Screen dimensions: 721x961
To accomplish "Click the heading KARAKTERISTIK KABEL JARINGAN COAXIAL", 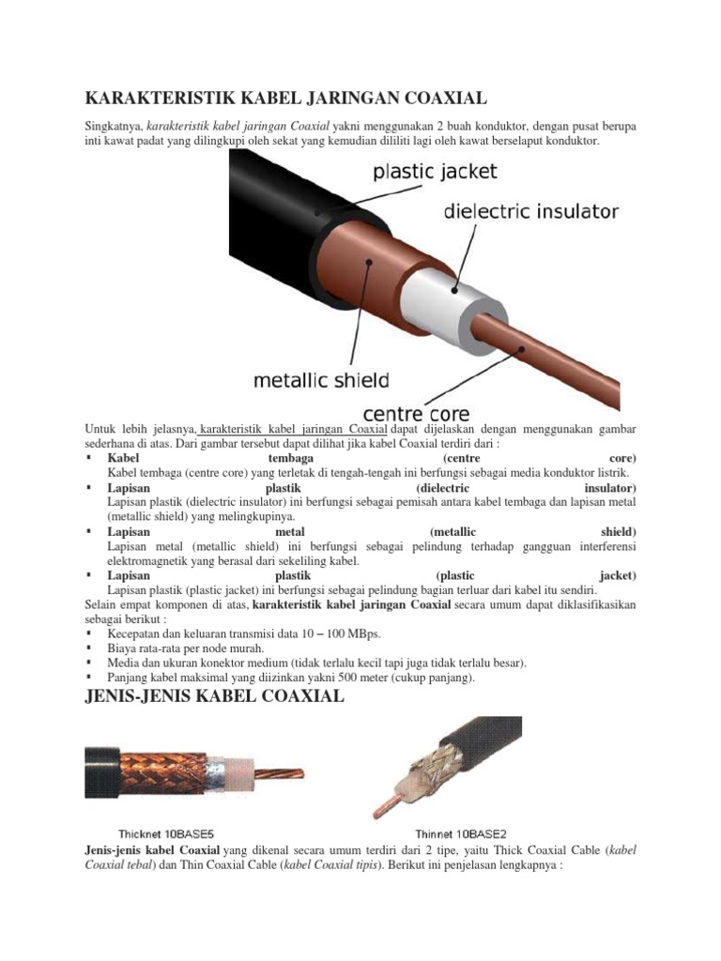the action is coord(285,98).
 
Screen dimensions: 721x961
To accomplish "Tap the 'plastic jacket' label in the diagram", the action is coord(435,172).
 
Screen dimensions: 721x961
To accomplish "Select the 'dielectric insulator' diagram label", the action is coord(531,211).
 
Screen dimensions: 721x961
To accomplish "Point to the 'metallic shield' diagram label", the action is coord(321,381).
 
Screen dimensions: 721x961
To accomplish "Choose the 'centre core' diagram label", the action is coord(416,414).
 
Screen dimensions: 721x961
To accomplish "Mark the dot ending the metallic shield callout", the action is coord(369,262).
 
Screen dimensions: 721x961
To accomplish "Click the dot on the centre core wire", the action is coord(522,350).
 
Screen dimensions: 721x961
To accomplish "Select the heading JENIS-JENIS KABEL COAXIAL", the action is coord(214,697).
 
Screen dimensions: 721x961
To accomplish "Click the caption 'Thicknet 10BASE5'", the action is coord(165,834).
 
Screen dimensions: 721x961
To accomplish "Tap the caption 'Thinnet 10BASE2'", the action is coord(460,834).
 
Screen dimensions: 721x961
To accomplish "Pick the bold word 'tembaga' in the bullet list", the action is coord(291,458).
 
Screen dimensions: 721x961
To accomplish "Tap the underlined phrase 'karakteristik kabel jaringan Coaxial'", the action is coord(293,429).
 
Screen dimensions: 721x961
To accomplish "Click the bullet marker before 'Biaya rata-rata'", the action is coord(89,648).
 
